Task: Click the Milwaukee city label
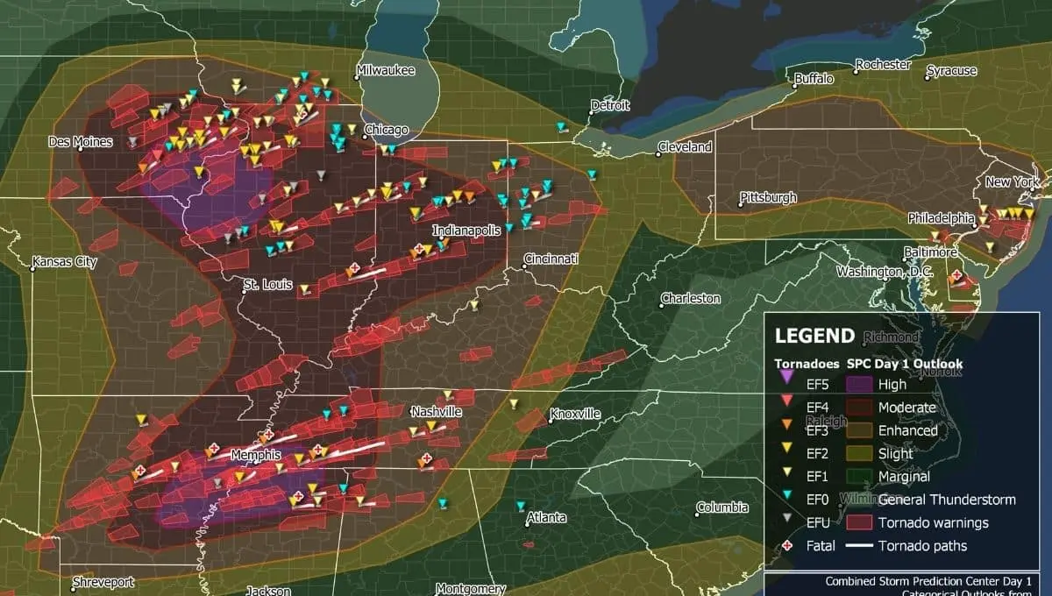pos(386,70)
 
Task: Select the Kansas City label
pos(63,261)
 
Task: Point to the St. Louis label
pos(264,286)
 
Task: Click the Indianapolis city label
pos(466,230)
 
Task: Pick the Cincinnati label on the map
pos(551,260)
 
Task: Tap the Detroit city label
pos(610,105)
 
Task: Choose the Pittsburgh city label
pos(769,197)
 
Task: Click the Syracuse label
pos(951,70)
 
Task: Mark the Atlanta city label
pos(546,518)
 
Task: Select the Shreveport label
pos(103,582)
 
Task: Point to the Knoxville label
pos(575,414)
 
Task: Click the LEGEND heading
pos(814,336)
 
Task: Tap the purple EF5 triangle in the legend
pos(786,378)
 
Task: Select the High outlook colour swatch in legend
pos(859,384)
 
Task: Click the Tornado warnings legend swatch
pos(859,522)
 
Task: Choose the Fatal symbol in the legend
pos(786,545)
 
